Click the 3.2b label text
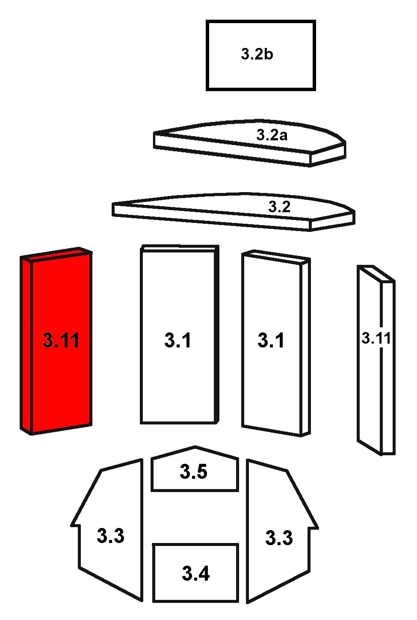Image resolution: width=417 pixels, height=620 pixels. pos(257,54)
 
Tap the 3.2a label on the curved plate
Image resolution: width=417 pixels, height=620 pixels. pos(272,135)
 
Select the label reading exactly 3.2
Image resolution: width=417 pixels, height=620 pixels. pos(279,207)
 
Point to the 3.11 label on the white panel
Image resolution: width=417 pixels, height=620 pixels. pos(376,338)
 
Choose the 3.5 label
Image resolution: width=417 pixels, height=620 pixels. pos(193,472)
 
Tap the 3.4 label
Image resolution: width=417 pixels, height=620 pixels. pos(195,573)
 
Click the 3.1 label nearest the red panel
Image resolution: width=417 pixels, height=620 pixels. pos(177,340)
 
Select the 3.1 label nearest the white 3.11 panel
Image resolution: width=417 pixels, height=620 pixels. pos(271,340)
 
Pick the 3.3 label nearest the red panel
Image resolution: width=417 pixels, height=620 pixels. pos(110,536)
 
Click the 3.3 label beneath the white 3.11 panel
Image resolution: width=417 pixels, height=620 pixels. pos(279,538)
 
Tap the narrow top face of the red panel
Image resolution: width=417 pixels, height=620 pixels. pos(56,254)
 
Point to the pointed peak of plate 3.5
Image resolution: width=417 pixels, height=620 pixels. pos(195,446)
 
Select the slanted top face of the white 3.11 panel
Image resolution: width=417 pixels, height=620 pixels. pos(376,274)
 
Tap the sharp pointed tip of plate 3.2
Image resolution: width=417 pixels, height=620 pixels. pos(113,204)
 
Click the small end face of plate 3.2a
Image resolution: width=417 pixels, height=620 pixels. pos(328,154)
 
